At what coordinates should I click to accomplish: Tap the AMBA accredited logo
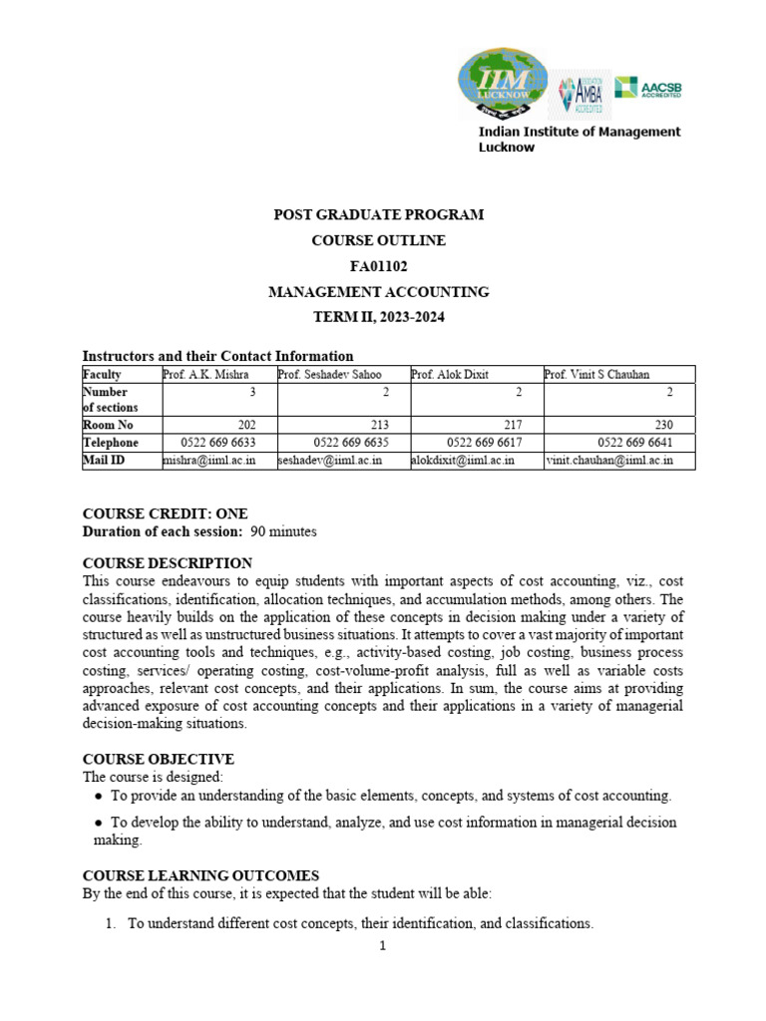(582, 100)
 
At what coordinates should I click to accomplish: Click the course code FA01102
(378, 266)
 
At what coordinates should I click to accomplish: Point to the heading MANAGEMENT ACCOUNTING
(379, 292)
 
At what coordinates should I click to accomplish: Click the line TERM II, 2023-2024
(379, 317)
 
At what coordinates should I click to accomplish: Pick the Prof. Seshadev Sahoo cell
(328, 374)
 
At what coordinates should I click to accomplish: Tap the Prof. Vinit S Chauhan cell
(597, 374)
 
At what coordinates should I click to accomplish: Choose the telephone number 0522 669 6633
(218, 443)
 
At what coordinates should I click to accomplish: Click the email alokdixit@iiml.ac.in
(463, 461)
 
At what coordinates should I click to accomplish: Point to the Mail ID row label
(104, 461)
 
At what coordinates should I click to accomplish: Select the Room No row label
(108, 425)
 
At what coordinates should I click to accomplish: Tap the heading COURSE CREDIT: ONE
(165, 513)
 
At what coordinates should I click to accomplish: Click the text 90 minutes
(283, 531)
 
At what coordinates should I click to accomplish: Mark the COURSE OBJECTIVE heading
(158, 759)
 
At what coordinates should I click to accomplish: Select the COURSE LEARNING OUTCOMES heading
(200, 874)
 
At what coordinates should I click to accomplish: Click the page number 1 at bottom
(382, 946)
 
